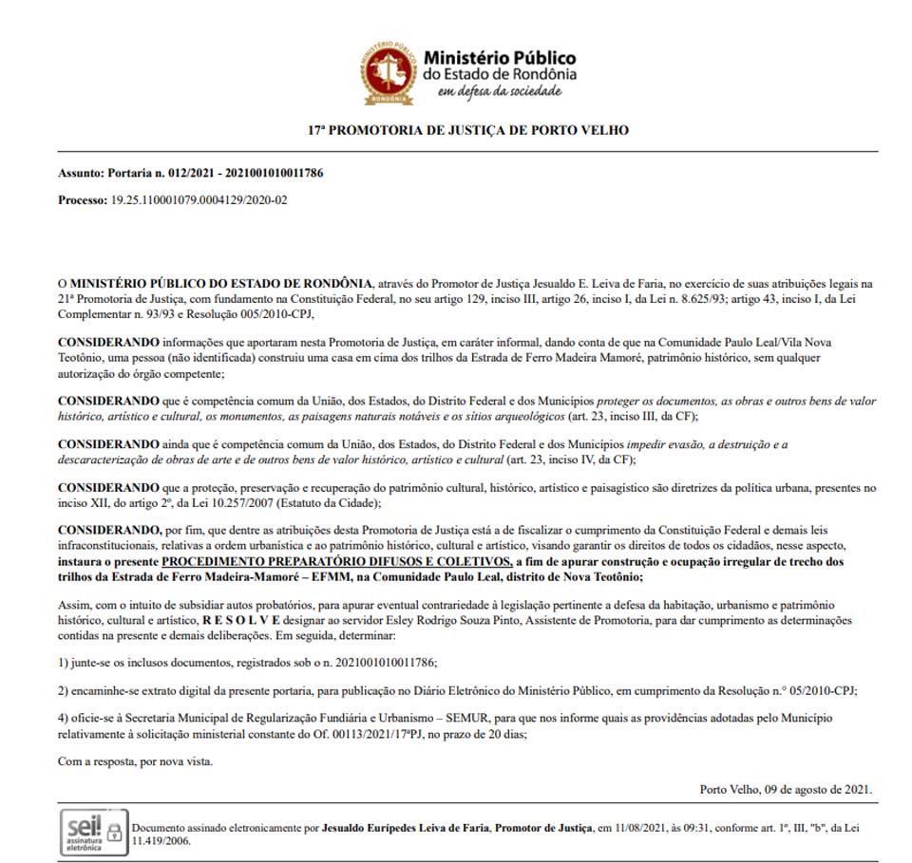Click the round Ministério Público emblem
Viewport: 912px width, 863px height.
389,72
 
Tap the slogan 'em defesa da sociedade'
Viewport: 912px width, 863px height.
498,91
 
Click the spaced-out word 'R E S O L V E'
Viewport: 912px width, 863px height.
238,618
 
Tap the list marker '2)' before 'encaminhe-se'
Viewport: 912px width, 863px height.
64,691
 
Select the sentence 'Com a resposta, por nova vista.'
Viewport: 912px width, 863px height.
135,761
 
